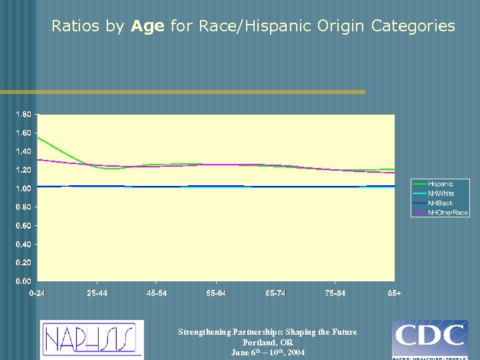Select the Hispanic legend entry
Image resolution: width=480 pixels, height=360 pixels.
(441, 183)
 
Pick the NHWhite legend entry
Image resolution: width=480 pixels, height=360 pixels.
(441, 193)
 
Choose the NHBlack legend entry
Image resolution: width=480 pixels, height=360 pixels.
(441, 203)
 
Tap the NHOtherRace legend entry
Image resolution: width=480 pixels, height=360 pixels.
(448, 212)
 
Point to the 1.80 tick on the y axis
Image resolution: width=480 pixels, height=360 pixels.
(23, 115)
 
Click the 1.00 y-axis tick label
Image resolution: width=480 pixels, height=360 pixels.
(23, 189)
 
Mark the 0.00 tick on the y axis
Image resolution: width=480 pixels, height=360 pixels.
(23, 281)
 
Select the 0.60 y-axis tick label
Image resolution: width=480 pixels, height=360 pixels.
(23, 226)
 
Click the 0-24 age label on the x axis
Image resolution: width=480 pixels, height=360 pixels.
(38, 293)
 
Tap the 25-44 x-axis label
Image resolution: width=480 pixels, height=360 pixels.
(97, 293)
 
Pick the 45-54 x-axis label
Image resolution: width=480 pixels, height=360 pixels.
(157, 293)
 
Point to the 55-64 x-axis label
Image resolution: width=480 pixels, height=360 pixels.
(216, 293)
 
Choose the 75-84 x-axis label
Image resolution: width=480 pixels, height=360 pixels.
(335, 293)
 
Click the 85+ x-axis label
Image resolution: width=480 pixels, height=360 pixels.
(394, 293)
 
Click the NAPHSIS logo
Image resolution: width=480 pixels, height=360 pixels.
(91, 339)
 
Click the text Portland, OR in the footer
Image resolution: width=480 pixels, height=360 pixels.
(267, 342)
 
